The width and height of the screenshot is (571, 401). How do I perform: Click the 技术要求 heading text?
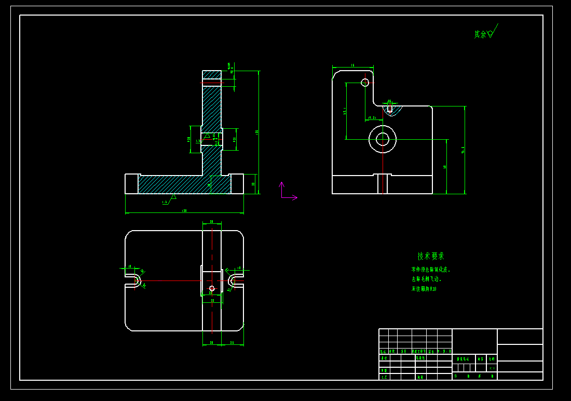click(431, 256)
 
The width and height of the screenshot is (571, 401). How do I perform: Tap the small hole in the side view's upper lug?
click(365, 83)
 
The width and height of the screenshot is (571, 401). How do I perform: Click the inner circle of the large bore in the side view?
click(383, 139)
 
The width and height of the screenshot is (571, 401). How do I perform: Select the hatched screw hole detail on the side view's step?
click(390, 110)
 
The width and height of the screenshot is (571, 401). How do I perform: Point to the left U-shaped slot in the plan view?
click(134, 280)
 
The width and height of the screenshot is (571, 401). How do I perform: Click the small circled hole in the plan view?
click(211, 288)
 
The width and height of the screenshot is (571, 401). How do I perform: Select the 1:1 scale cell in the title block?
click(492, 368)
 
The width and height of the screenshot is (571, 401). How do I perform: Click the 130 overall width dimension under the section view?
click(184, 211)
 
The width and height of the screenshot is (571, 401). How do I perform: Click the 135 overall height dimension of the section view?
click(257, 132)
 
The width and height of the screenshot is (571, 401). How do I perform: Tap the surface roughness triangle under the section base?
click(173, 196)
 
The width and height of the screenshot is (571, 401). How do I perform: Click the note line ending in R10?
click(424, 289)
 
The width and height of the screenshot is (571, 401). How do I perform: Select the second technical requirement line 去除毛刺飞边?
click(426, 279)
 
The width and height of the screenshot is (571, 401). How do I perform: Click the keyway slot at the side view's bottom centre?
click(383, 184)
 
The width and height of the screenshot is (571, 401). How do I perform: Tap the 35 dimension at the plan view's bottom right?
click(232, 343)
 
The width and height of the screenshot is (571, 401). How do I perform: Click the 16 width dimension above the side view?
click(352, 65)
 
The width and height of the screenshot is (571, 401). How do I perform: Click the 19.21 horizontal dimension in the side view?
click(372, 118)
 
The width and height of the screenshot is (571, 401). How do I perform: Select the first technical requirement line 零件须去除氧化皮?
click(431, 270)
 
